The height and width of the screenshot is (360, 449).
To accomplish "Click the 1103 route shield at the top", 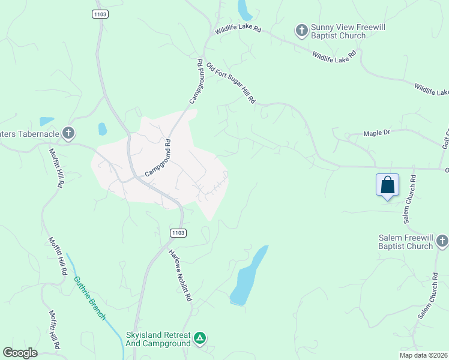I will coord(100,13).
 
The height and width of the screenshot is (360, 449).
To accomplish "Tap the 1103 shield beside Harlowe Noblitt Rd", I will coord(178,233).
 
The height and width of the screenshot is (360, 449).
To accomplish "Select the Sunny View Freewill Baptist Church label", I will coord(338,32).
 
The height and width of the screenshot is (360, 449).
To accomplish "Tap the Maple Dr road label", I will coord(377,134).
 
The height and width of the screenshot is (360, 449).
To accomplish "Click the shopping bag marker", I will coord(387,185).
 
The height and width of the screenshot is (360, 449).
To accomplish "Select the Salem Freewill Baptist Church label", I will coord(406,242).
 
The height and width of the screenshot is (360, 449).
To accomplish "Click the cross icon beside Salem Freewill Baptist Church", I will coord(442,241).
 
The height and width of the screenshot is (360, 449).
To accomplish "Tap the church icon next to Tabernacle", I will coord(69,133).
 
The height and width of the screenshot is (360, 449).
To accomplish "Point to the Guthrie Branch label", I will coord(89,298).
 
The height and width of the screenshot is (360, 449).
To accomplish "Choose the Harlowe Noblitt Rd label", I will coord(180,275).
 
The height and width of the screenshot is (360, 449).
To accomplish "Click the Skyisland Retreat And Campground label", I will coord(158,339).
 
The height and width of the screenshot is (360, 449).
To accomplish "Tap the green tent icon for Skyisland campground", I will coord(200,339).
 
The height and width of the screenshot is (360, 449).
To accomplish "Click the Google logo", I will coord(20,353).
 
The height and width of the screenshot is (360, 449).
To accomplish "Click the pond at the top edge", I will coord(245,9).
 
